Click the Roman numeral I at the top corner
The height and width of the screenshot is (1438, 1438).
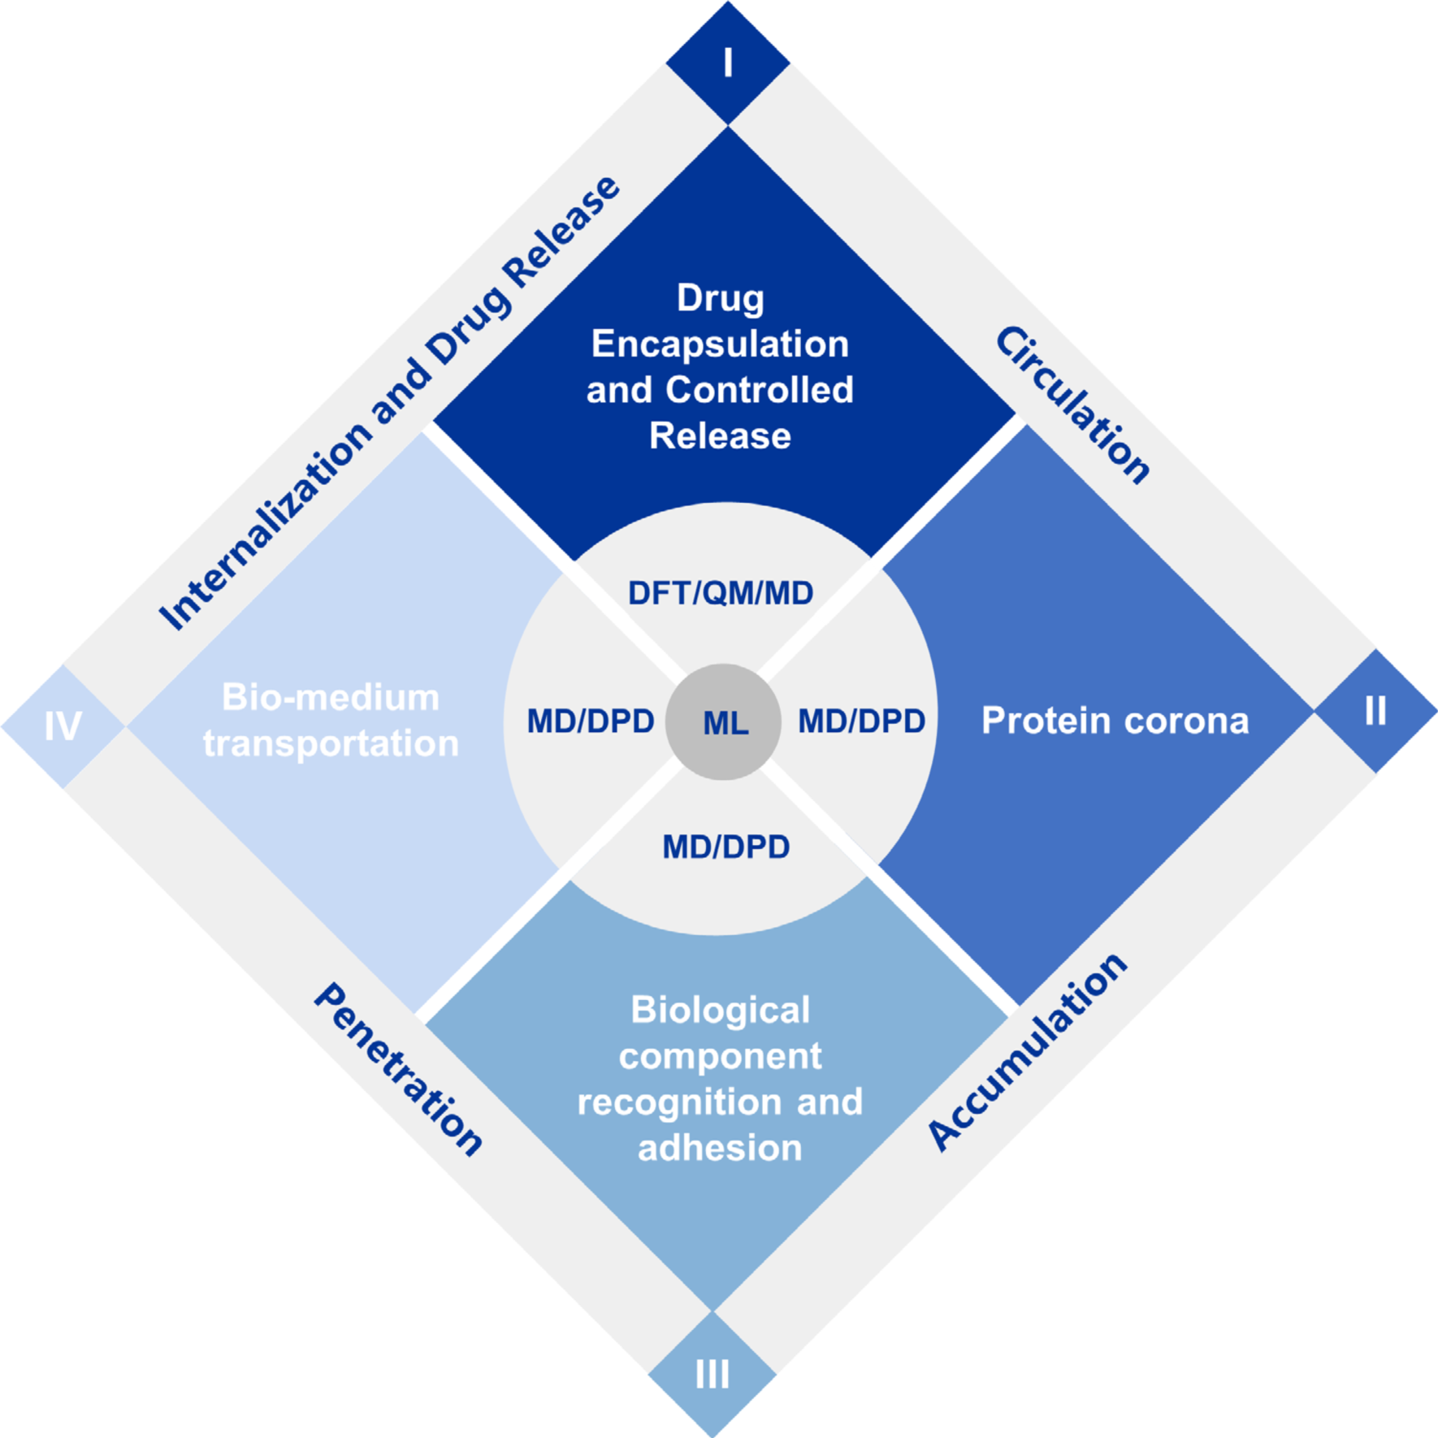click(728, 63)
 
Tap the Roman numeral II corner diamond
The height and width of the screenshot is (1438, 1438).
click(1375, 711)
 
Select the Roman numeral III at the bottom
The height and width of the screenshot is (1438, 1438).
click(713, 1375)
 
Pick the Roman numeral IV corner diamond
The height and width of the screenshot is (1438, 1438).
click(63, 725)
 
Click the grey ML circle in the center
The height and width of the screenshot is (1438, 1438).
click(723, 722)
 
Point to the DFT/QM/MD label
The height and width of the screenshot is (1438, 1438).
click(721, 593)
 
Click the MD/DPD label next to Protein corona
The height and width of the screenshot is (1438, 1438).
click(861, 721)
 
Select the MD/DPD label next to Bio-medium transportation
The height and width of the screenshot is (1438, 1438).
click(591, 721)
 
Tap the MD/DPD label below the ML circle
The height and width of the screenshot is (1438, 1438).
click(725, 847)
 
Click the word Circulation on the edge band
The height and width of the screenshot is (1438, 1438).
click(1072, 405)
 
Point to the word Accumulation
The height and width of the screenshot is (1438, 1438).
click(1028, 1052)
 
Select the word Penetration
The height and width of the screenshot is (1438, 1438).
click(398, 1068)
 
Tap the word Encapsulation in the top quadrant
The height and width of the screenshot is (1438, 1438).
click(720, 344)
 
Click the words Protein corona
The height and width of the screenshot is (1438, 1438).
click(1115, 721)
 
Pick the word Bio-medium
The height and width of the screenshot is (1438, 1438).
click(331, 697)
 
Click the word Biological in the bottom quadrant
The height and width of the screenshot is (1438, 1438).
click(720, 1010)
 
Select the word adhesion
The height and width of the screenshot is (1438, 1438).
click(720, 1148)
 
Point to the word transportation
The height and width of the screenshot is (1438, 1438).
click(331, 743)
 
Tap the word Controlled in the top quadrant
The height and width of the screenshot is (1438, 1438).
click(760, 390)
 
